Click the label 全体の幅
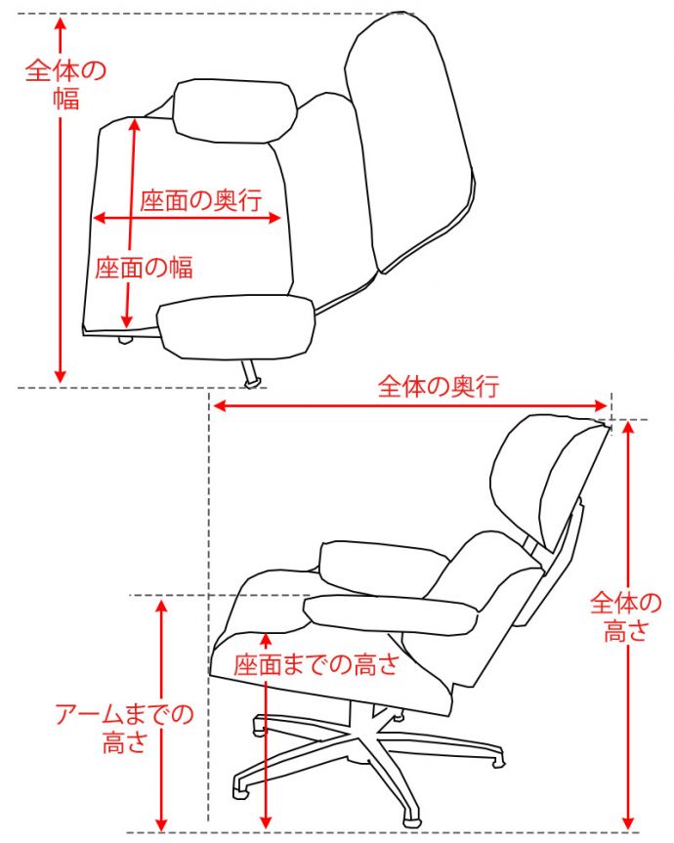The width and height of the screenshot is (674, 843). tap(65, 84)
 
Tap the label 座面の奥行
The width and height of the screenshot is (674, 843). tap(201, 200)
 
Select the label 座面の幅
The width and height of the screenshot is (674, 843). tap(144, 268)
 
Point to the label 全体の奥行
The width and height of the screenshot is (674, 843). tap(438, 386)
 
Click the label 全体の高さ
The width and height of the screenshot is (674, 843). tap(625, 616)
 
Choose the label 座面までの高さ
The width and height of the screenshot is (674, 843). tap(316, 664)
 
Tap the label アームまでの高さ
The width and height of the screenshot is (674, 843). tap(124, 728)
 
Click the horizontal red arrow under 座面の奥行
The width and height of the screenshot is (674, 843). tap(187, 218)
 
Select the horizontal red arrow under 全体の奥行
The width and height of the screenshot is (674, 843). tap(410, 405)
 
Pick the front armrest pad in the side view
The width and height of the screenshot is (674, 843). tap(391, 615)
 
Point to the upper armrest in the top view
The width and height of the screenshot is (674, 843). tap(234, 110)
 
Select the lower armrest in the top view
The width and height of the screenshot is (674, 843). tap(236, 327)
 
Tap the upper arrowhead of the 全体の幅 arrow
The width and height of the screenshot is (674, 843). tap(61, 22)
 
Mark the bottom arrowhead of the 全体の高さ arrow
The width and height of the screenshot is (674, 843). tap(628, 822)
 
